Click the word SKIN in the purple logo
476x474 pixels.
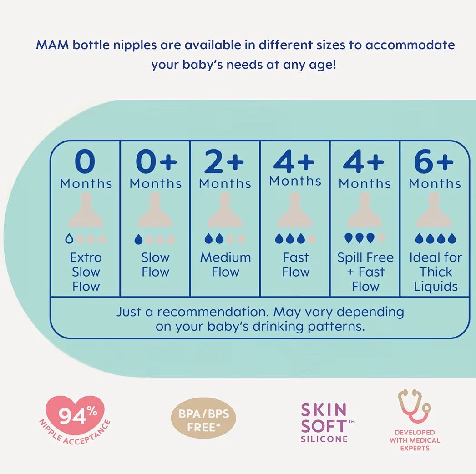[x=324, y=410]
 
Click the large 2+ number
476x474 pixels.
[x=224, y=162]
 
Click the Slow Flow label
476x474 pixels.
[x=155, y=265]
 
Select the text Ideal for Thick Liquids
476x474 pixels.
[x=435, y=272]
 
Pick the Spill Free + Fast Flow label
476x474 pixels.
[x=365, y=272]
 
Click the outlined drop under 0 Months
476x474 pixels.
[x=68, y=238]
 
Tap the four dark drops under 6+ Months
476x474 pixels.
[x=435, y=238]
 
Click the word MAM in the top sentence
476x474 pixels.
[x=50, y=46]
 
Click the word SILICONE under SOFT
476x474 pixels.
[x=324, y=439]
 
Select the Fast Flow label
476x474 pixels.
[x=295, y=265]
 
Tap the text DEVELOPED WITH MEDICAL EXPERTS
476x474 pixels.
[x=415, y=440]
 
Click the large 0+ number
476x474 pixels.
[x=155, y=162]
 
